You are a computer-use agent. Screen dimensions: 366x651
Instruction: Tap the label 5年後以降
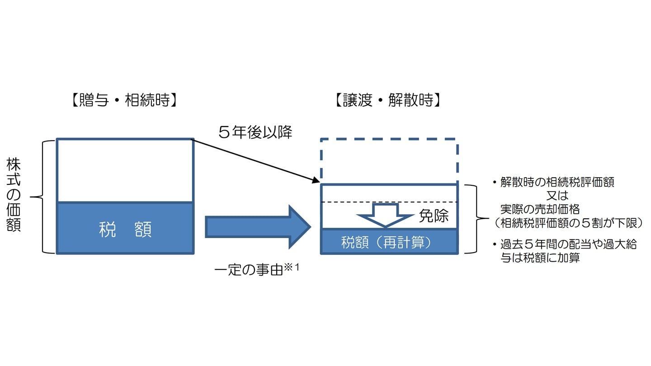[x=255, y=132]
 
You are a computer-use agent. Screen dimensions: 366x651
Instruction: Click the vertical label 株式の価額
[x=14, y=195]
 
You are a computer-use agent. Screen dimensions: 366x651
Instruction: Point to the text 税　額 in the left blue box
[x=125, y=230]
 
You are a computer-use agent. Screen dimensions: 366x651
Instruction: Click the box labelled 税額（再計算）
[x=389, y=242]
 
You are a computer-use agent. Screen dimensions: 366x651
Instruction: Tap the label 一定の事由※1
[x=257, y=272]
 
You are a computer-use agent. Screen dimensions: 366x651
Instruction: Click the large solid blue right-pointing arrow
[x=258, y=227]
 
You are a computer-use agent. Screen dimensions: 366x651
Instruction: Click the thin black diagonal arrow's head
[x=315, y=181]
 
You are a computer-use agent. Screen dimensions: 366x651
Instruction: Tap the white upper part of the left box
[x=125, y=170]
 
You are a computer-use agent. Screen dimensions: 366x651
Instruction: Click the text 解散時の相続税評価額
[x=557, y=183]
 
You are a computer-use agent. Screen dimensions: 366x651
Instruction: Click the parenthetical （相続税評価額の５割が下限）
[x=565, y=222]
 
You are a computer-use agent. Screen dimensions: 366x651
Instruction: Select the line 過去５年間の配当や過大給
[x=568, y=244]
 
